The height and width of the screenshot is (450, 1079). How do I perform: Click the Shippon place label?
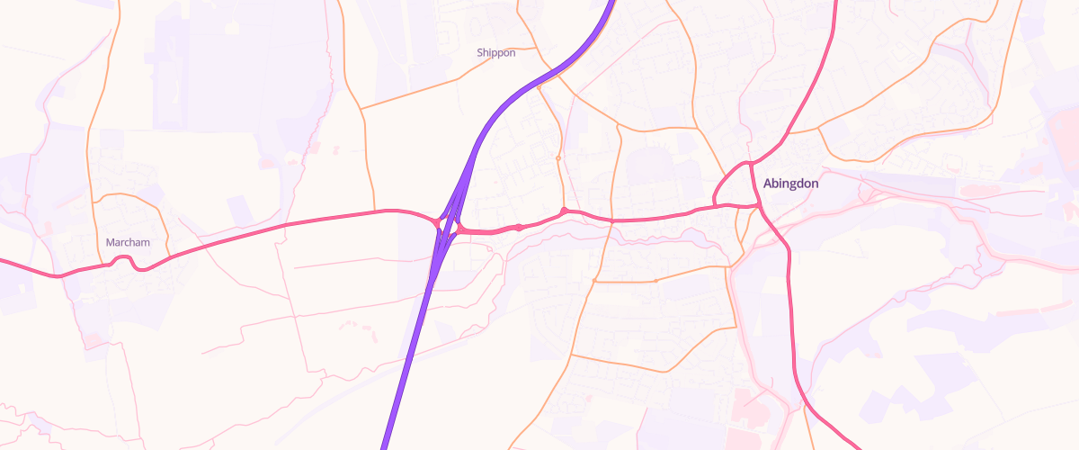(x=496, y=53)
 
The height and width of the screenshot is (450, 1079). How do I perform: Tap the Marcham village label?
(x=128, y=243)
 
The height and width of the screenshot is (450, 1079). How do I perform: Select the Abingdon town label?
(x=790, y=184)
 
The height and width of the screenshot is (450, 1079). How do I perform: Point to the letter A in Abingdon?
(x=768, y=184)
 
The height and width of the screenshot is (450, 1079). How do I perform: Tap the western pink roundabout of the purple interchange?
(x=437, y=221)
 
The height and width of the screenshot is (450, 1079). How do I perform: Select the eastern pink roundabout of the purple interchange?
(x=459, y=229)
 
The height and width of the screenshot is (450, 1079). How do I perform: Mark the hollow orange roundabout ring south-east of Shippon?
(x=558, y=158)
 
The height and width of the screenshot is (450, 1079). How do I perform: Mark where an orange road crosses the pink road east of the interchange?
(x=611, y=220)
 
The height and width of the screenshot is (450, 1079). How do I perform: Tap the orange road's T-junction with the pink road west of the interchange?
(x=374, y=212)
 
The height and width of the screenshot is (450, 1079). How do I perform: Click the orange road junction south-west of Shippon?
(x=361, y=109)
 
